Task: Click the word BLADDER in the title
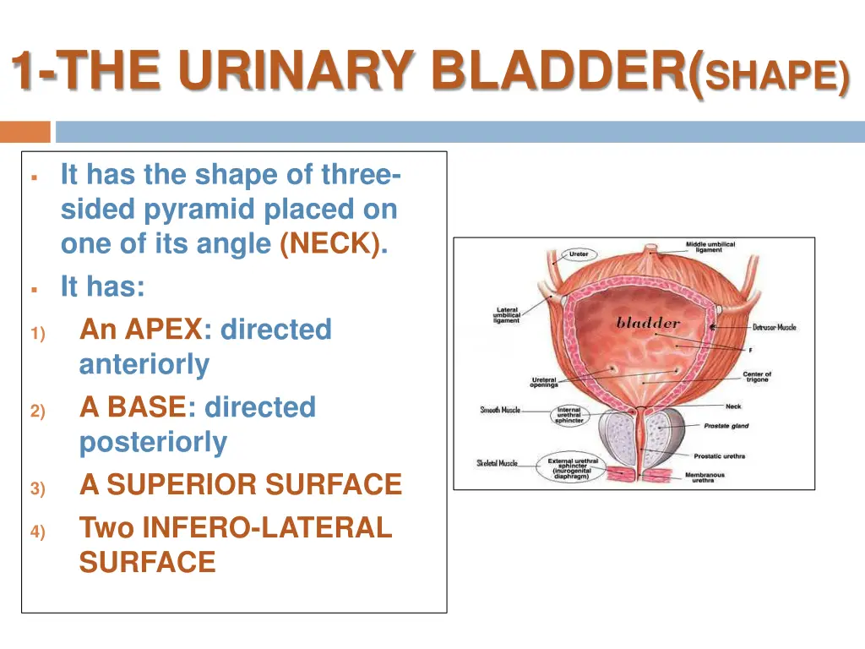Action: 561,71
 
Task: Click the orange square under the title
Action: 25,132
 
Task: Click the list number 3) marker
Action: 37,488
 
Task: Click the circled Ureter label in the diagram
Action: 579,254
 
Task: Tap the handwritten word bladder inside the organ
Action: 648,322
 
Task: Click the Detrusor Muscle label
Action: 774,327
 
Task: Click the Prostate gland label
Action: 727,426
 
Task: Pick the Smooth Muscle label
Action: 500,410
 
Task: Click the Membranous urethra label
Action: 704,477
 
